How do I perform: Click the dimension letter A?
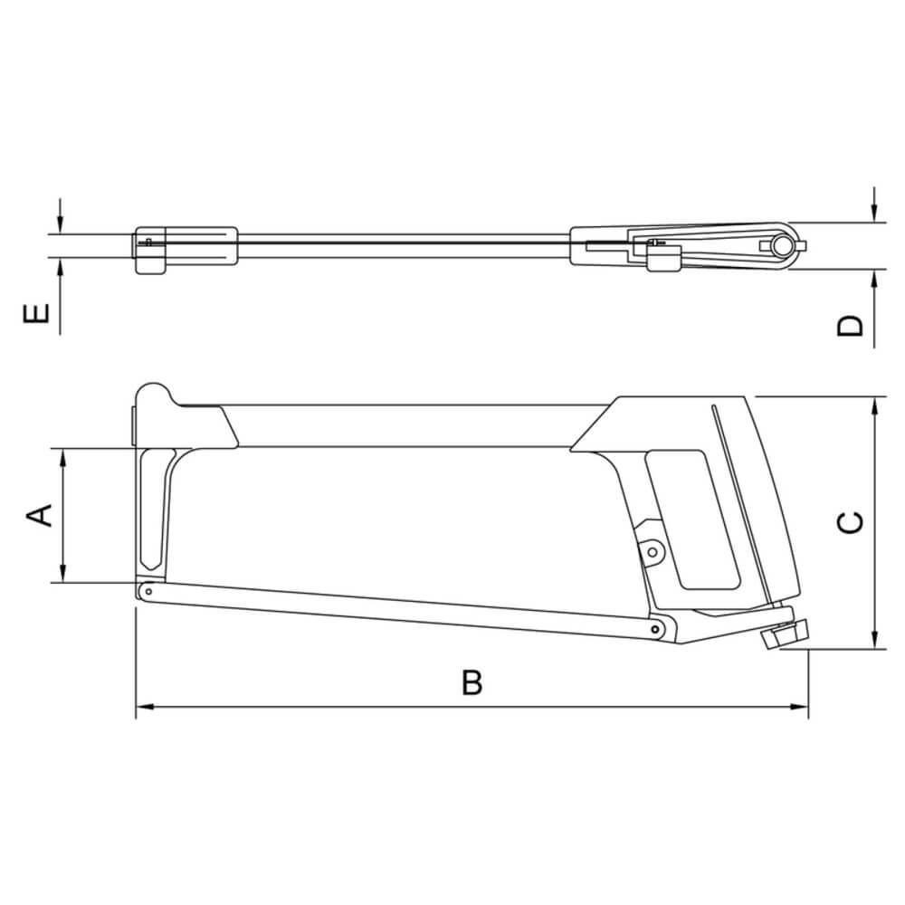click(x=41, y=515)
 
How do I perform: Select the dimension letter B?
click(x=472, y=682)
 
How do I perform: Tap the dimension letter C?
click(x=850, y=522)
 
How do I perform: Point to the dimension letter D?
click(x=850, y=326)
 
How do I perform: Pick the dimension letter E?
click(x=36, y=313)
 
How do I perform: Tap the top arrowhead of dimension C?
click(x=875, y=406)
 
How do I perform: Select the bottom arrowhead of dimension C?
click(x=875, y=640)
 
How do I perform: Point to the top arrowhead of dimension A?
click(x=63, y=458)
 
